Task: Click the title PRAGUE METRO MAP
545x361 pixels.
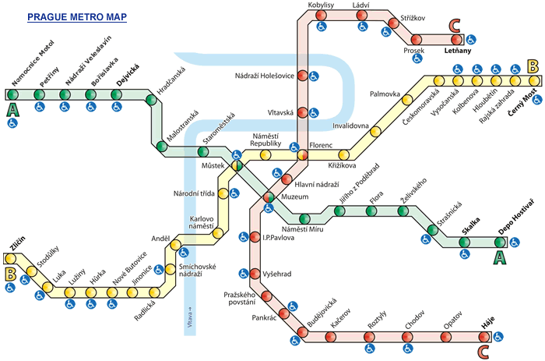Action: (77, 16)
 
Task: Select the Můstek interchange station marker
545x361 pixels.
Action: (237, 165)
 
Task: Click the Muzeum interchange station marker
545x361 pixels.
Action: (267, 198)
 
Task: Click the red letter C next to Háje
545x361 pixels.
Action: (484, 351)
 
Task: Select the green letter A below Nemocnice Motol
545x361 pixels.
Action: (12, 110)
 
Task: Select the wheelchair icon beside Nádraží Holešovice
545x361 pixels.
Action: (313, 76)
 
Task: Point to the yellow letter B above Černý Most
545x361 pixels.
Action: (533, 66)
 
